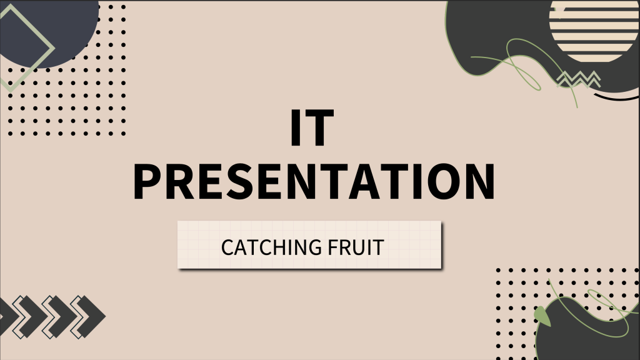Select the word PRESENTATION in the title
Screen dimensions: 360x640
click(x=314, y=181)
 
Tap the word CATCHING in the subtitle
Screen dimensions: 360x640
click(x=271, y=247)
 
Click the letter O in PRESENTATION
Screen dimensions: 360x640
click(x=436, y=181)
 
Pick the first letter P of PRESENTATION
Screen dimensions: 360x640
click(x=149, y=181)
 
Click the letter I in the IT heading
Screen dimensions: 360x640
click(x=296, y=128)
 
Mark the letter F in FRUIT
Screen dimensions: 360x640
click(x=332, y=247)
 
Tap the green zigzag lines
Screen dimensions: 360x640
click(x=578, y=79)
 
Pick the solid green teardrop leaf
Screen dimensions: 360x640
click(x=542, y=317)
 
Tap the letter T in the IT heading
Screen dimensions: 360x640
click(x=319, y=128)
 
